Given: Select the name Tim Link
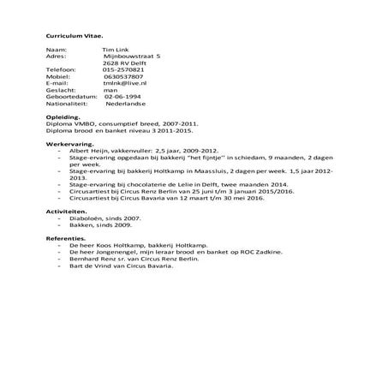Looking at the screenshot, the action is click(x=114, y=51).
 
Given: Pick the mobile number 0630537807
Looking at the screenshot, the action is click(x=122, y=76).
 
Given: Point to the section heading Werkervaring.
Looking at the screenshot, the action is click(x=69, y=145).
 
